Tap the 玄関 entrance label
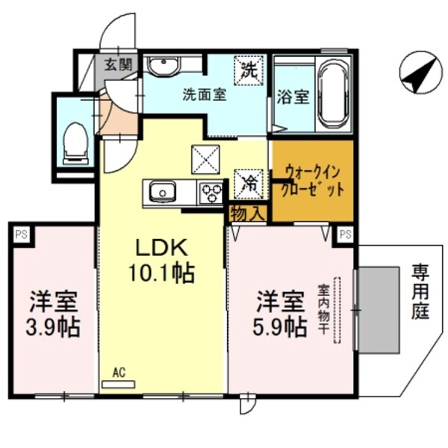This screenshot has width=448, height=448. (117, 65)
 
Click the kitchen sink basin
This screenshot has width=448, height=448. (161, 193)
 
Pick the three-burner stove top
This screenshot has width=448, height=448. (211, 193)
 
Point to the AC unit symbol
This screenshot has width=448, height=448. (118, 381)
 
